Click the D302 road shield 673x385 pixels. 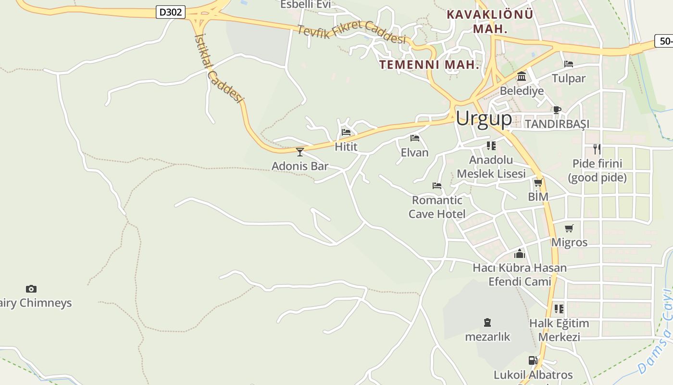tap(171, 12)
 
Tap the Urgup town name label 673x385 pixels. tap(484, 118)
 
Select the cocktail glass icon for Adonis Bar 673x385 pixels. tap(300, 152)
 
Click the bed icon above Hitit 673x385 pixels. tap(346, 132)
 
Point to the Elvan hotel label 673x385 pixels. tap(414, 153)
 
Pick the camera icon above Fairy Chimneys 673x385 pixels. tap(31, 289)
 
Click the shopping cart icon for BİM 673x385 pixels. tap(538, 182)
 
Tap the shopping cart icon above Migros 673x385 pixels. tap(569, 228)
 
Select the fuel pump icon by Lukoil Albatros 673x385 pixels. tap(533, 360)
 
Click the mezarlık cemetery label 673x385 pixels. tap(487, 336)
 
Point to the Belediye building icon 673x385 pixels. tap(522, 77)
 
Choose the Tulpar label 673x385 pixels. tap(569, 78)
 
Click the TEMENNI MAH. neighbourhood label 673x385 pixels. tap(429, 64)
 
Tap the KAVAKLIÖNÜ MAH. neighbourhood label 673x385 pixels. tap(490, 21)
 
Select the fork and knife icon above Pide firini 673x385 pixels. tap(597, 149)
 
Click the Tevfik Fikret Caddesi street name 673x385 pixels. tap(352, 34)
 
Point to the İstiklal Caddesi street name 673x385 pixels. tap(219, 67)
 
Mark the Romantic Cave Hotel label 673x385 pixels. tap(437, 207)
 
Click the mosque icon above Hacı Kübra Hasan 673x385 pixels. tap(520, 254)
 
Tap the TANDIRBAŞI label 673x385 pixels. tap(557, 124)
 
